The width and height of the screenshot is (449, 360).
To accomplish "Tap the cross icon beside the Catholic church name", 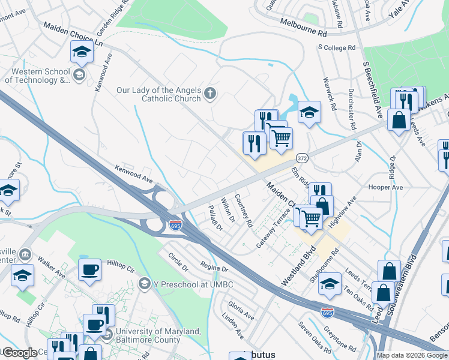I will tap(209, 93).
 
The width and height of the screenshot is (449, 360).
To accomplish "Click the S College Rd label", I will tap(337, 47).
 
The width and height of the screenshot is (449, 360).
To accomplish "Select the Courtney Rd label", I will tap(244, 210).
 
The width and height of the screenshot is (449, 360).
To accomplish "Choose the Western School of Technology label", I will tap(37, 76).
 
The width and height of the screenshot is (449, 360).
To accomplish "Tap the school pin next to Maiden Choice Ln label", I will tap(82, 52).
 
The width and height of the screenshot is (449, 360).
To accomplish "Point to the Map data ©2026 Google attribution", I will tap(412, 355).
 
